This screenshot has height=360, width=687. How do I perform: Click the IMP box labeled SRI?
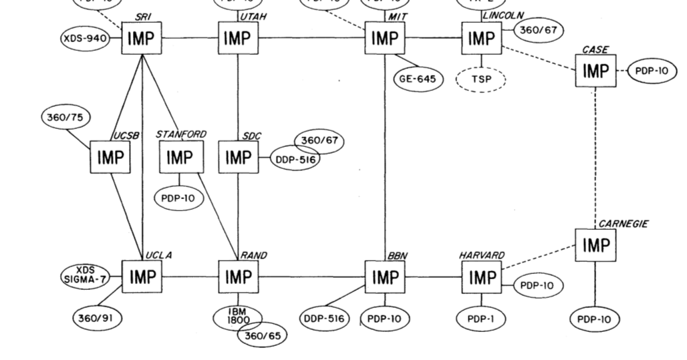click(x=141, y=39)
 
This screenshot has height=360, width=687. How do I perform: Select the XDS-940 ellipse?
click(x=84, y=39)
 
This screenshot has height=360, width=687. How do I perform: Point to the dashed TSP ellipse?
click(x=480, y=79)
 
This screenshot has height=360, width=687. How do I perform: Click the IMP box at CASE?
click(x=595, y=70)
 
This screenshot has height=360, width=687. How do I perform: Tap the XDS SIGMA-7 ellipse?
click(x=85, y=275)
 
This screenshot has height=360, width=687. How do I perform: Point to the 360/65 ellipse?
click(x=263, y=335)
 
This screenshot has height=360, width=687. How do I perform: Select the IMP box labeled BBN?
click(x=384, y=277)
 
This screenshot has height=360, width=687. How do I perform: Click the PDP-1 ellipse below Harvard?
click(x=481, y=319)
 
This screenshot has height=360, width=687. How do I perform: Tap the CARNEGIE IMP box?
click(x=595, y=245)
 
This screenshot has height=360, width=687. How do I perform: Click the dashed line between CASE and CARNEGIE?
click(x=595, y=154)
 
